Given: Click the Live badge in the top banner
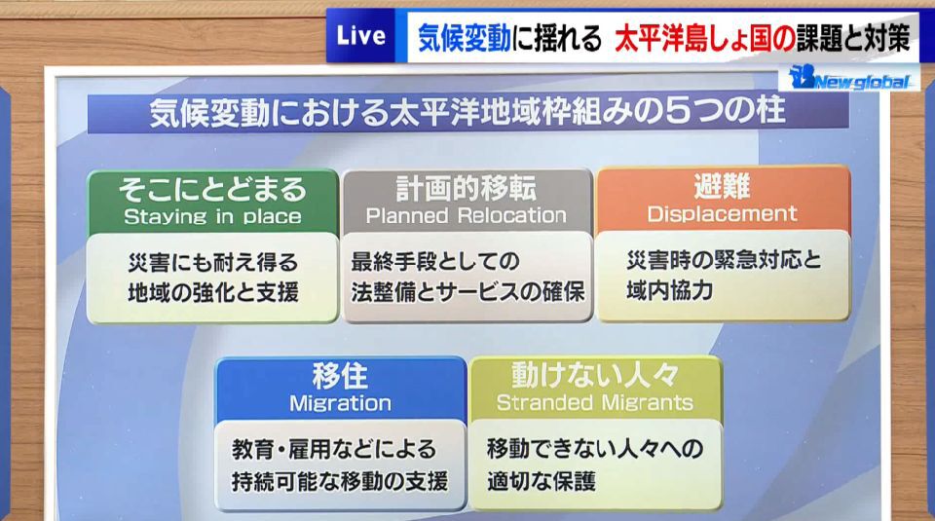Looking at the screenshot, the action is click(360, 36).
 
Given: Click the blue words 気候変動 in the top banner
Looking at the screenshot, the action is click(464, 38).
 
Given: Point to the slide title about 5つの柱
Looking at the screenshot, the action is click(467, 112).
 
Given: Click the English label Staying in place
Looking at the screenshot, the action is click(212, 216).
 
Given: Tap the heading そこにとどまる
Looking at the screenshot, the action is click(212, 190).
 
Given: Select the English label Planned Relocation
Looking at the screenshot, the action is click(467, 215).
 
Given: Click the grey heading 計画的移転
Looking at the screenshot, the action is click(467, 188).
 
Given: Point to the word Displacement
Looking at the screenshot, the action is click(722, 213).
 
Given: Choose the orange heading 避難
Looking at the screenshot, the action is click(722, 187).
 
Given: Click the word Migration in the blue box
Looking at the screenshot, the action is click(341, 403).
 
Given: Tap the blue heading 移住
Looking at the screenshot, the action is click(341, 376).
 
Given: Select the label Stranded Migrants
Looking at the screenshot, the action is click(595, 403).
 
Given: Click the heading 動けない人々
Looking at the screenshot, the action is click(595, 376).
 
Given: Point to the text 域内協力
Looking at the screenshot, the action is click(670, 290).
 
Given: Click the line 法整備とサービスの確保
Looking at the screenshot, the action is click(467, 292).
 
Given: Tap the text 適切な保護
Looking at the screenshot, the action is click(542, 481).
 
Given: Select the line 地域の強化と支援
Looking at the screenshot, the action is click(213, 293).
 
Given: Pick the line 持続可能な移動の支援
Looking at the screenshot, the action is click(340, 481).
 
